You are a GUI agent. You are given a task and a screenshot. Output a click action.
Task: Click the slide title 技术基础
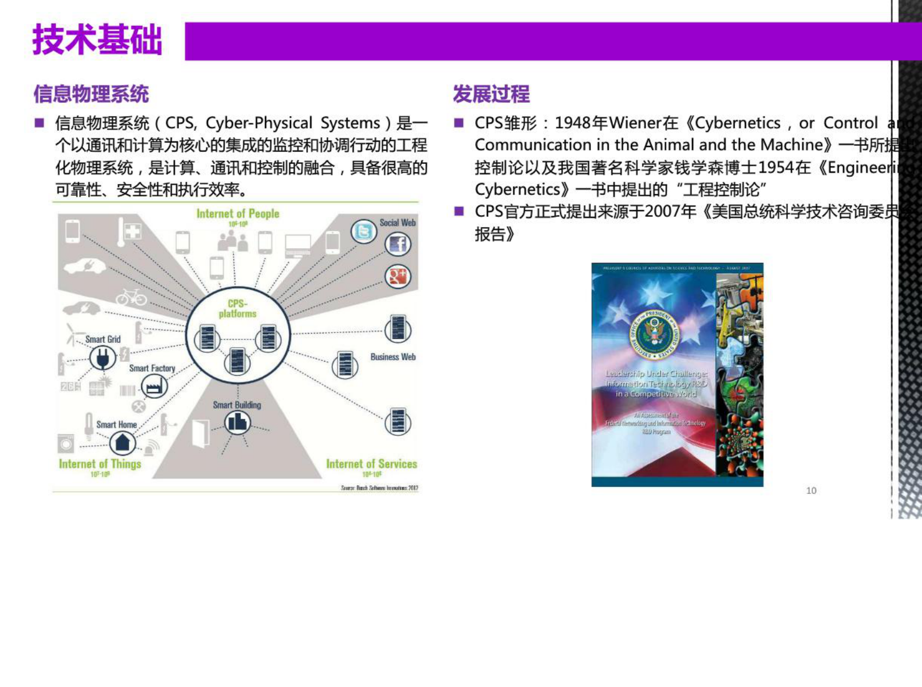click(97, 40)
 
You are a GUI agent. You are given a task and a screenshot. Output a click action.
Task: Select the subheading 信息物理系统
click(91, 94)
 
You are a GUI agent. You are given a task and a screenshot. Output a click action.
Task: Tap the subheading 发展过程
click(491, 94)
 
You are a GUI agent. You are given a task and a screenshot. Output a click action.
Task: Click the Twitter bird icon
click(364, 232)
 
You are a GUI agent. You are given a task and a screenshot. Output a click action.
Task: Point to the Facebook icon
click(398, 244)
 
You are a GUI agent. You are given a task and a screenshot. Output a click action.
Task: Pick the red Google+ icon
click(398, 276)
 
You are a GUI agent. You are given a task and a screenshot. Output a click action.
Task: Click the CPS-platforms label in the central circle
click(238, 309)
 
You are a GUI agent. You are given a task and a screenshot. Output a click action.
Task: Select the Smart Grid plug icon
click(103, 358)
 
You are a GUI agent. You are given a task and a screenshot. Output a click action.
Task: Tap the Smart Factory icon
click(154, 386)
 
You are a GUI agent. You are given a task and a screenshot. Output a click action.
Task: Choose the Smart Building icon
click(237, 423)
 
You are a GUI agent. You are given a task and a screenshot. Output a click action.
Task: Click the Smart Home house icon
click(123, 444)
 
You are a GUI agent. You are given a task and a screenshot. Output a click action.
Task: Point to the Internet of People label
click(238, 214)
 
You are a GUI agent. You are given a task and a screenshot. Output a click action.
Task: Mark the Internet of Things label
click(100, 464)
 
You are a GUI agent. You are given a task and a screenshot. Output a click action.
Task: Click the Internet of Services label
click(371, 464)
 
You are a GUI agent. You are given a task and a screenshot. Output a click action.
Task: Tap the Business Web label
click(393, 357)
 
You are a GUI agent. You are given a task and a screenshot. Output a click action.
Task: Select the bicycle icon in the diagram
click(131, 298)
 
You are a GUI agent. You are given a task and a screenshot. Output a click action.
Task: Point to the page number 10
click(811, 491)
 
